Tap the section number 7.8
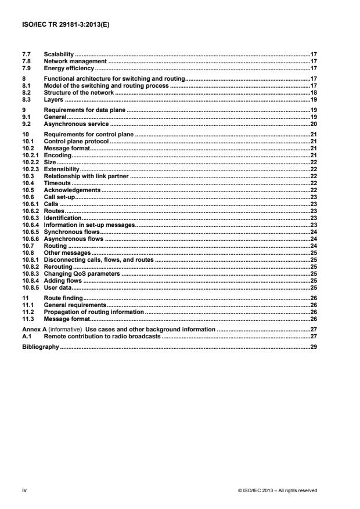tap(26, 61)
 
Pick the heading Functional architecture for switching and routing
tap(114, 78)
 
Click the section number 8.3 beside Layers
tap(26, 99)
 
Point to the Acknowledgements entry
tap(71, 189)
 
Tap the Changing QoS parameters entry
tap(81, 273)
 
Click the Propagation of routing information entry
tap(93, 312)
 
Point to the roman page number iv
tap(24, 490)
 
